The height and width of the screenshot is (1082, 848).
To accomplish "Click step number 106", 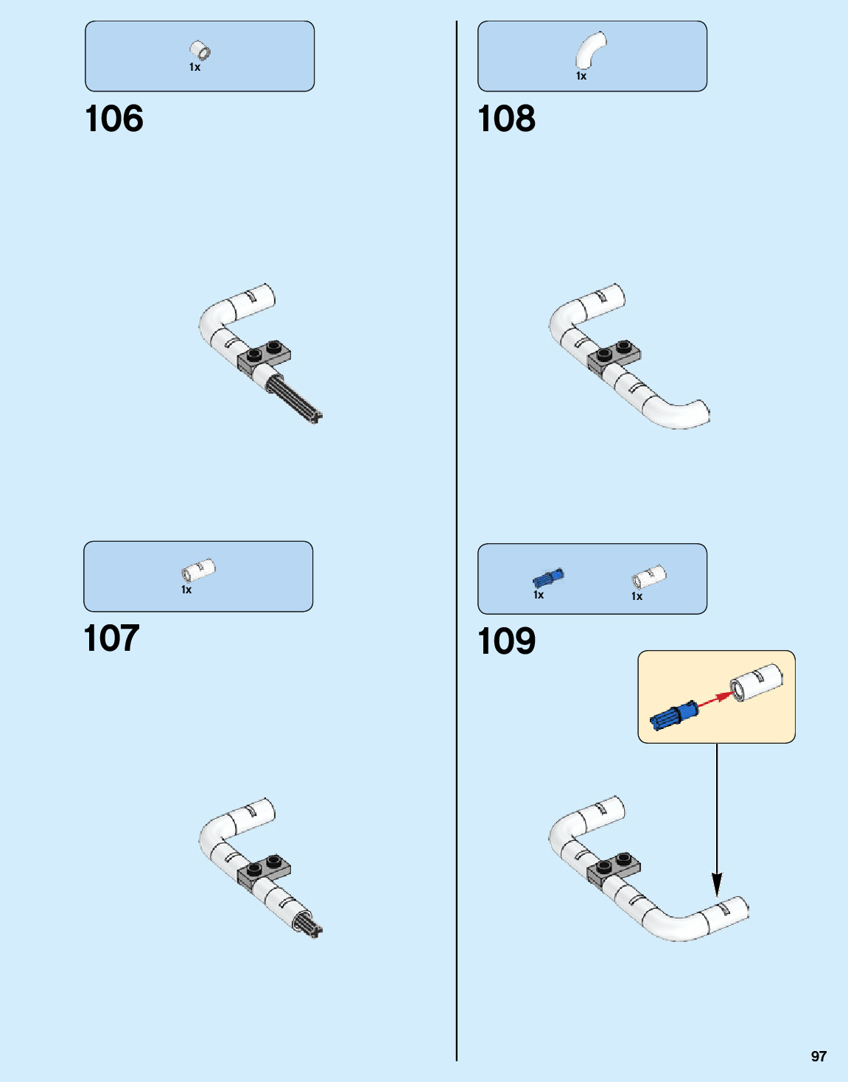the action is click(x=114, y=119).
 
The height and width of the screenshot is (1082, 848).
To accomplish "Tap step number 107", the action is click(x=111, y=638).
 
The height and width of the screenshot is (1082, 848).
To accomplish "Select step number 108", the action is click(x=507, y=119).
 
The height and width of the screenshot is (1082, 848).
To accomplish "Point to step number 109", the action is click(x=507, y=641).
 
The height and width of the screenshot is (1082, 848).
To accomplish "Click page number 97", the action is click(x=819, y=1056).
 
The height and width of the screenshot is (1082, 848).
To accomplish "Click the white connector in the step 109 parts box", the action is click(x=648, y=577).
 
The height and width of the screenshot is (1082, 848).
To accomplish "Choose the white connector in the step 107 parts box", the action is click(x=197, y=570).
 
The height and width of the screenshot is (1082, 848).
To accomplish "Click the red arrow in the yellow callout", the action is click(x=712, y=699).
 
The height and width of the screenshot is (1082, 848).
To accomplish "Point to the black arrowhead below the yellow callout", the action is click(x=717, y=884).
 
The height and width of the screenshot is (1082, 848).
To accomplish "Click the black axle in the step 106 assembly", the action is click(x=296, y=398).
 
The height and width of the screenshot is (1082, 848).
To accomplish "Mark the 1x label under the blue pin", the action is click(x=539, y=595).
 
